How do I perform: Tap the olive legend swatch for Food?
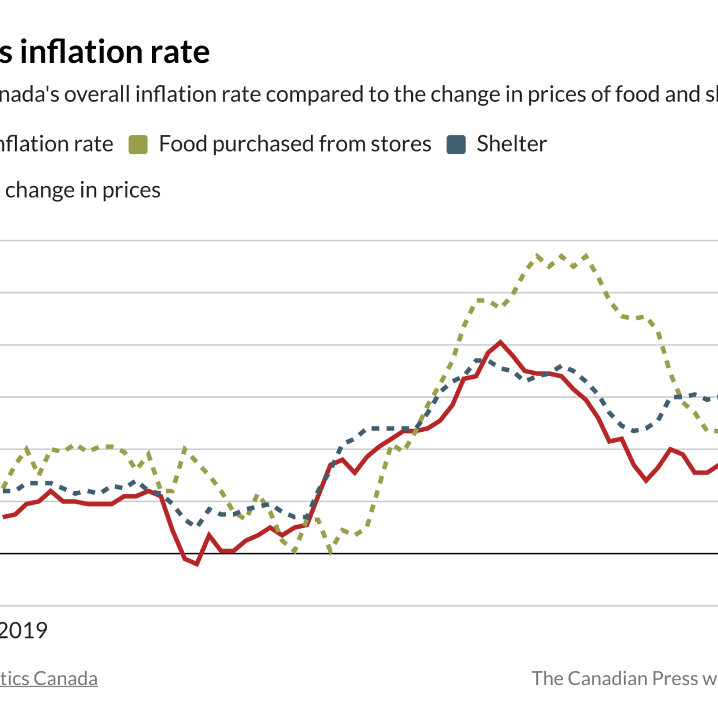pyautogui.click(x=138, y=145)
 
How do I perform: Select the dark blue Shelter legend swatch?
pyautogui.click(x=456, y=145)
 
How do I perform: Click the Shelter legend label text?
pyautogui.click(x=511, y=144)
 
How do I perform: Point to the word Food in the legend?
pyautogui.click(x=183, y=144)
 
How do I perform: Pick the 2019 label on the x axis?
pyautogui.click(x=23, y=630)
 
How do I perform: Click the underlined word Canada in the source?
pyautogui.click(x=65, y=678)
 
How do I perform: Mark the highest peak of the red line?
pyautogui.click(x=500, y=342)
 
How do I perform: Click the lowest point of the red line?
pyautogui.click(x=197, y=564)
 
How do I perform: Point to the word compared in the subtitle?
pyautogui.click(x=315, y=94)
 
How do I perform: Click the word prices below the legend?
pyautogui.click(x=131, y=190)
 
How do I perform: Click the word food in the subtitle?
pyautogui.click(x=637, y=94)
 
